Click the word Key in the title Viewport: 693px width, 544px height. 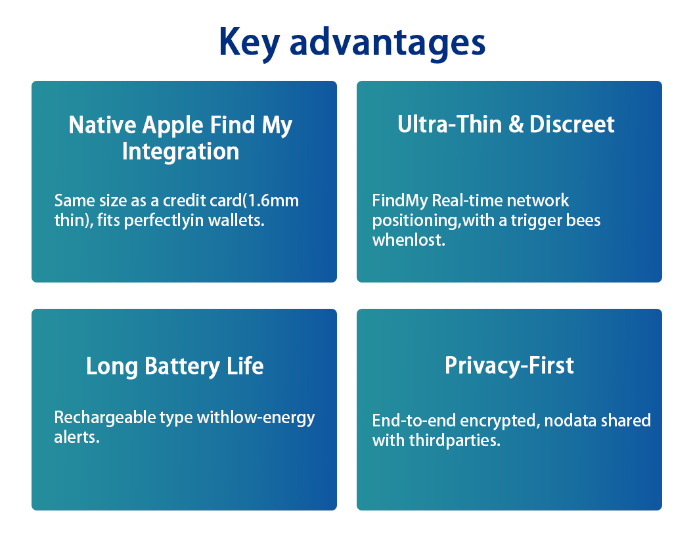pyautogui.click(x=249, y=43)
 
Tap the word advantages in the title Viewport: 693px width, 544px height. pyautogui.click(x=388, y=43)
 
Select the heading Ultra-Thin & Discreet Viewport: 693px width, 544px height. pyautogui.click(x=506, y=124)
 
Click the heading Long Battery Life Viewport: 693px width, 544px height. pyautogui.click(x=175, y=367)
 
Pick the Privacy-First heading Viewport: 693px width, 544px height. pyautogui.click(x=509, y=366)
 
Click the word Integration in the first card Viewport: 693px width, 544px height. pyautogui.click(x=181, y=152)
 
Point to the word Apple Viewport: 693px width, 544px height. pyautogui.click(x=173, y=125)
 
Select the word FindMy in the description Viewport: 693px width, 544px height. pyautogui.click(x=400, y=201)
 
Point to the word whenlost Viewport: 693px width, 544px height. pyautogui.click(x=409, y=240)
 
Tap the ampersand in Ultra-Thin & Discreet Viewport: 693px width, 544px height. pyautogui.click(x=516, y=124)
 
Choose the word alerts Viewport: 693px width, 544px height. pyautogui.click(x=77, y=437)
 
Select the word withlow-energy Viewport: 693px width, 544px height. pyautogui.click(x=256, y=418)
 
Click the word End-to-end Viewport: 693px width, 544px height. pyautogui.click(x=414, y=420)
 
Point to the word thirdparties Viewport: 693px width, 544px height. pyautogui.click(x=455, y=440)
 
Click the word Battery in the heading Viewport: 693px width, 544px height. pyautogui.click(x=182, y=367)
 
